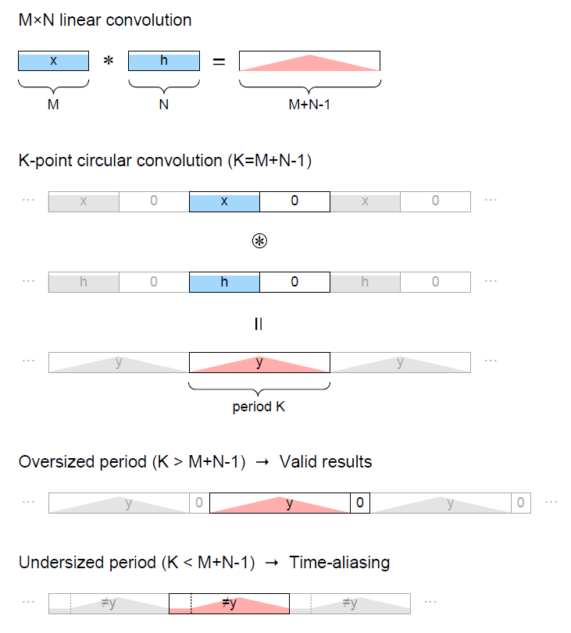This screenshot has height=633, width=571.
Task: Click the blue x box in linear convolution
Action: pyautogui.click(x=53, y=61)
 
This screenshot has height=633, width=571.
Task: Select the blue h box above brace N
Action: pyautogui.click(x=164, y=61)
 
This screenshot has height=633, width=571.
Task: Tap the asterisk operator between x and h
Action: pyautogui.click(x=109, y=61)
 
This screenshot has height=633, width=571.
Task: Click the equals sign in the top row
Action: pyautogui.click(x=219, y=62)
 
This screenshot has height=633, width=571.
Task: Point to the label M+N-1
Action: pyautogui.click(x=309, y=105)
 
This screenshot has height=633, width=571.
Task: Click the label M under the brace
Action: pyautogui.click(x=53, y=105)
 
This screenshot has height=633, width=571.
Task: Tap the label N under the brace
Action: pyautogui.click(x=164, y=105)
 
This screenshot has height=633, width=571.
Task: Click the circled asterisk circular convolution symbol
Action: pyautogui.click(x=259, y=241)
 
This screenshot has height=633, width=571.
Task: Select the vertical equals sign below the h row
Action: pyautogui.click(x=259, y=324)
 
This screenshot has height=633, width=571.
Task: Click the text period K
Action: pyautogui.click(x=259, y=407)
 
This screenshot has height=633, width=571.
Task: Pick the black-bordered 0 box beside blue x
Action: pyautogui.click(x=294, y=201)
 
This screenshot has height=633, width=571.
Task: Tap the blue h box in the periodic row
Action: pyautogui.click(x=224, y=282)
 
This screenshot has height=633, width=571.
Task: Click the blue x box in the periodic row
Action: pyautogui.click(x=224, y=201)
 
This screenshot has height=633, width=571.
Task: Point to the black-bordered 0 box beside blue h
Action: pyautogui.click(x=294, y=282)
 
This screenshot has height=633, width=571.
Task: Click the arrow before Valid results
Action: pyautogui.click(x=262, y=462)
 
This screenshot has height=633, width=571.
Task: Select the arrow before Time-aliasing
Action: pyautogui.click(x=272, y=563)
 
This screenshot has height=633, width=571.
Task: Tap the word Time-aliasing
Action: pyautogui.click(x=340, y=562)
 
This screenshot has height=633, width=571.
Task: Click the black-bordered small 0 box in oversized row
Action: pyautogui.click(x=359, y=503)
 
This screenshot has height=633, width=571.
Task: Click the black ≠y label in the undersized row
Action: pyautogui.click(x=229, y=603)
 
